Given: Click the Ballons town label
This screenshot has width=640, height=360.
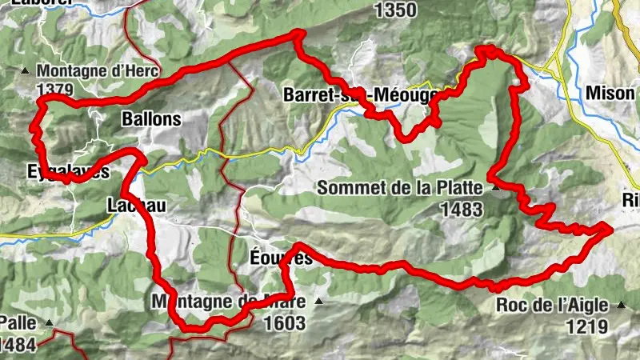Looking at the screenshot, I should point(152,120).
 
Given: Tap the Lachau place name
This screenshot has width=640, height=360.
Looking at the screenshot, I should point(136,206).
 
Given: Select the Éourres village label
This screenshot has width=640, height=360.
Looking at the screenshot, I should point(281,258).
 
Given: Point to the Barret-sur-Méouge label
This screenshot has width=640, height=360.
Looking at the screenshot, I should point(361,95).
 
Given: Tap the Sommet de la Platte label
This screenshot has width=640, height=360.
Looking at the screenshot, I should point(401,189).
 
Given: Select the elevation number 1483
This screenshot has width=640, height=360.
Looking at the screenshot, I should point(462,210).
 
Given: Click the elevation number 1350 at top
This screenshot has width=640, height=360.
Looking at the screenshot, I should point(395,10).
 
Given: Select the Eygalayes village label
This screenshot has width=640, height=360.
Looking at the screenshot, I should point(67,172).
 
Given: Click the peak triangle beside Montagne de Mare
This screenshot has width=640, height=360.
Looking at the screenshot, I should point(318,302).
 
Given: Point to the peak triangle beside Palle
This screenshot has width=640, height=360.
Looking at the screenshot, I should point(49,323).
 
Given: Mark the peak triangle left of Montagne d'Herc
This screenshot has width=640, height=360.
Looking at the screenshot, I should point(26,70).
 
